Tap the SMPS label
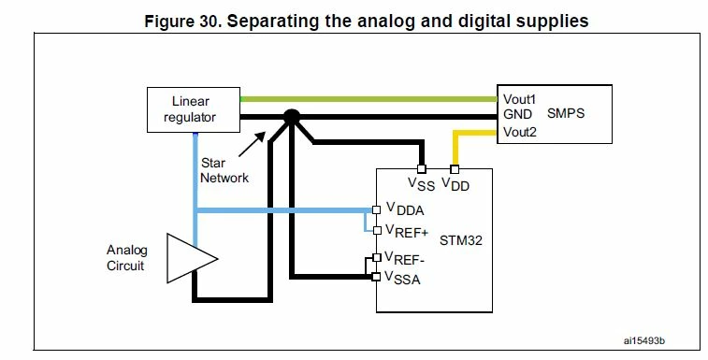coord(566,113)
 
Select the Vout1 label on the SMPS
coord(519,99)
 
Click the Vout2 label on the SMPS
coord(520,133)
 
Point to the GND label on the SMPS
coord(517,115)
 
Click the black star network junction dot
coord(291,117)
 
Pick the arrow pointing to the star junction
coord(252,144)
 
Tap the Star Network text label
coord(224,170)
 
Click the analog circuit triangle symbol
coord(193,258)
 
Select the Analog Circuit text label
coord(126,258)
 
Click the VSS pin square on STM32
coord(421,169)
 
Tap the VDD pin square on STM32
coord(455,169)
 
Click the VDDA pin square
coord(376,210)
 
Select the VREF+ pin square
coord(377,230)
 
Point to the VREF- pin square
coord(377,258)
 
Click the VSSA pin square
coord(376,277)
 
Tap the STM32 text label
coord(460,240)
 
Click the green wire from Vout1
coord(368,99)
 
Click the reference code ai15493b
coord(643,340)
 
